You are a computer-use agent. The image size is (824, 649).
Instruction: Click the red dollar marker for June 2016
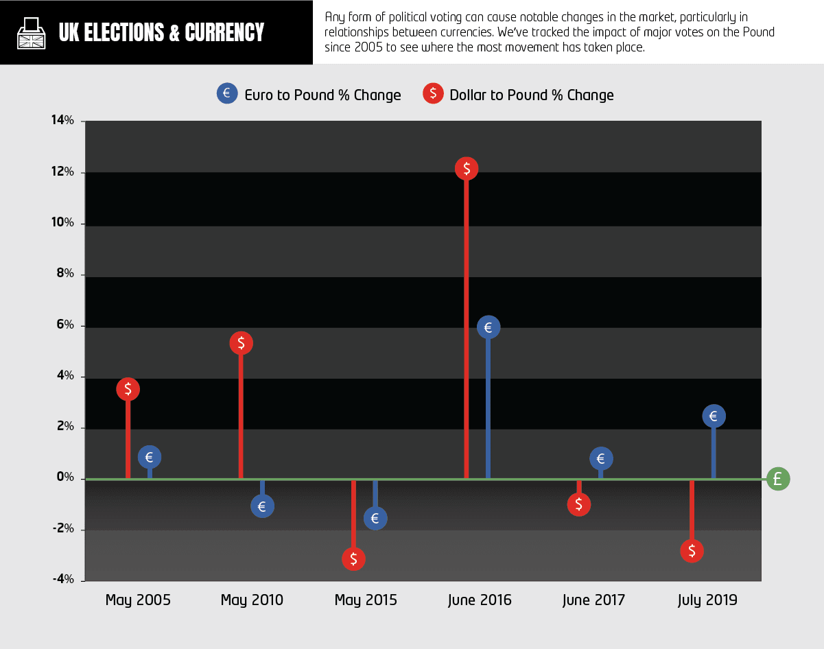click(467, 168)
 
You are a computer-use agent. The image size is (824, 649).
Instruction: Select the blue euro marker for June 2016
click(488, 327)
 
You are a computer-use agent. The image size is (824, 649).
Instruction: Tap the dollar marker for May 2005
click(128, 389)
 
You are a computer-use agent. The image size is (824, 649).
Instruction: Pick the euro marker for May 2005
click(150, 457)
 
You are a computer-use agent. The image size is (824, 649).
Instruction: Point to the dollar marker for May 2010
click(241, 342)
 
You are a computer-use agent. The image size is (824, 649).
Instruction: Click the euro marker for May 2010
click(262, 507)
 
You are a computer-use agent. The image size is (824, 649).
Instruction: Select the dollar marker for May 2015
click(353, 558)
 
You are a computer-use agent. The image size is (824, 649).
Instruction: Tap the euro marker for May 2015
click(375, 519)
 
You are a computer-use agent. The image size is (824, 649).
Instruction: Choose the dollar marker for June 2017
click(579, 504)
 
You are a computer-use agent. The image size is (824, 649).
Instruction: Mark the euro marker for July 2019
click(714, 416)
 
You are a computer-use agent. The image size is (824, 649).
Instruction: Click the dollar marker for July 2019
click(692, 550)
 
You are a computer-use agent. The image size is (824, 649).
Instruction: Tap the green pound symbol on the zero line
click(778, 478)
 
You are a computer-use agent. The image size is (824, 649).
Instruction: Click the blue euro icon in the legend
click(227, 93)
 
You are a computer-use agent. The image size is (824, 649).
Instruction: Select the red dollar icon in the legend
click(433, 93)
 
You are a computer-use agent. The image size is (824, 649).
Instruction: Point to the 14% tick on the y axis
click(82, 121)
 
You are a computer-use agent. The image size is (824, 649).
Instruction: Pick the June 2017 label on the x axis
click(593, 600)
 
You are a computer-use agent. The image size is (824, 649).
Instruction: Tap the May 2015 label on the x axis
click(366, 600)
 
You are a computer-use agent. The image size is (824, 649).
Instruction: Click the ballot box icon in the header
click(30, 32)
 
